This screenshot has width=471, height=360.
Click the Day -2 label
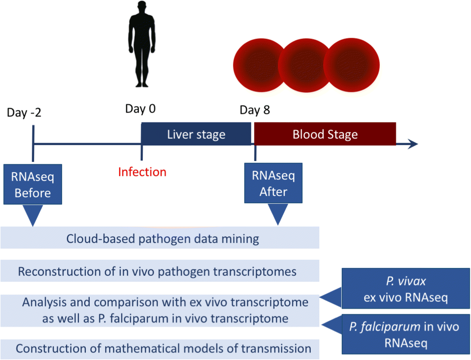click(x=24, y=113)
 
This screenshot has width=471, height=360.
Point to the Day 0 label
click(x=140, y=109)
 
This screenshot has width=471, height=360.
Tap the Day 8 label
click(x=255, y=110)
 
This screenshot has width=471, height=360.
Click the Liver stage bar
click(x=196, y=134)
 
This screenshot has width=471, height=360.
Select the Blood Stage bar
click(x=325, y=134)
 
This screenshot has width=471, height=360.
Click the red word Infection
click(x=142, y=172)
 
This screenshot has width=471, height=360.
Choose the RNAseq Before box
click(x=33, y=185)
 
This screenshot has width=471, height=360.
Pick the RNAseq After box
click(x=274, y=183)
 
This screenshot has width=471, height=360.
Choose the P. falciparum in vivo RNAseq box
click(x=404, y=334)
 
